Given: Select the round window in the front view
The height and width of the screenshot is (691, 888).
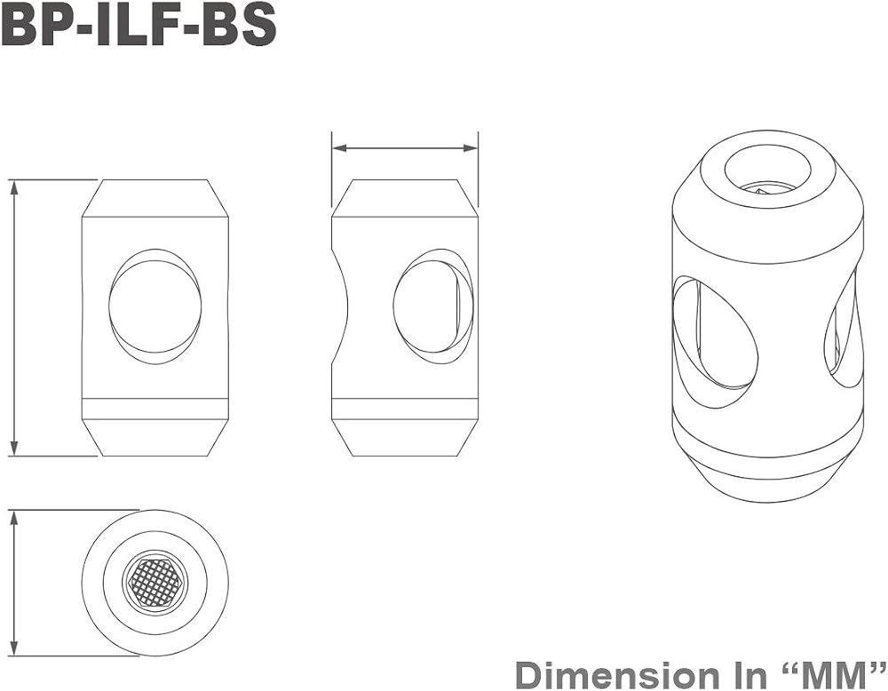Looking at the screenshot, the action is pyautogui.click(x=155, y=306).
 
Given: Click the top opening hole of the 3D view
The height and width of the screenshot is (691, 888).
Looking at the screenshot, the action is pyautogui.click(x=767, y=170).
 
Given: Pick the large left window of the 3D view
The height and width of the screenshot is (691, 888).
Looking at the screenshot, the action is pyautogui.click(x=714, y=333).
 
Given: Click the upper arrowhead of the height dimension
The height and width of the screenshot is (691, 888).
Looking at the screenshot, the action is pyautogui.click(x=15, y=187).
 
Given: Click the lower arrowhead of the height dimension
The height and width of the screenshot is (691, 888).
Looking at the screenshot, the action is pyautogui.click(x=15, y=448).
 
